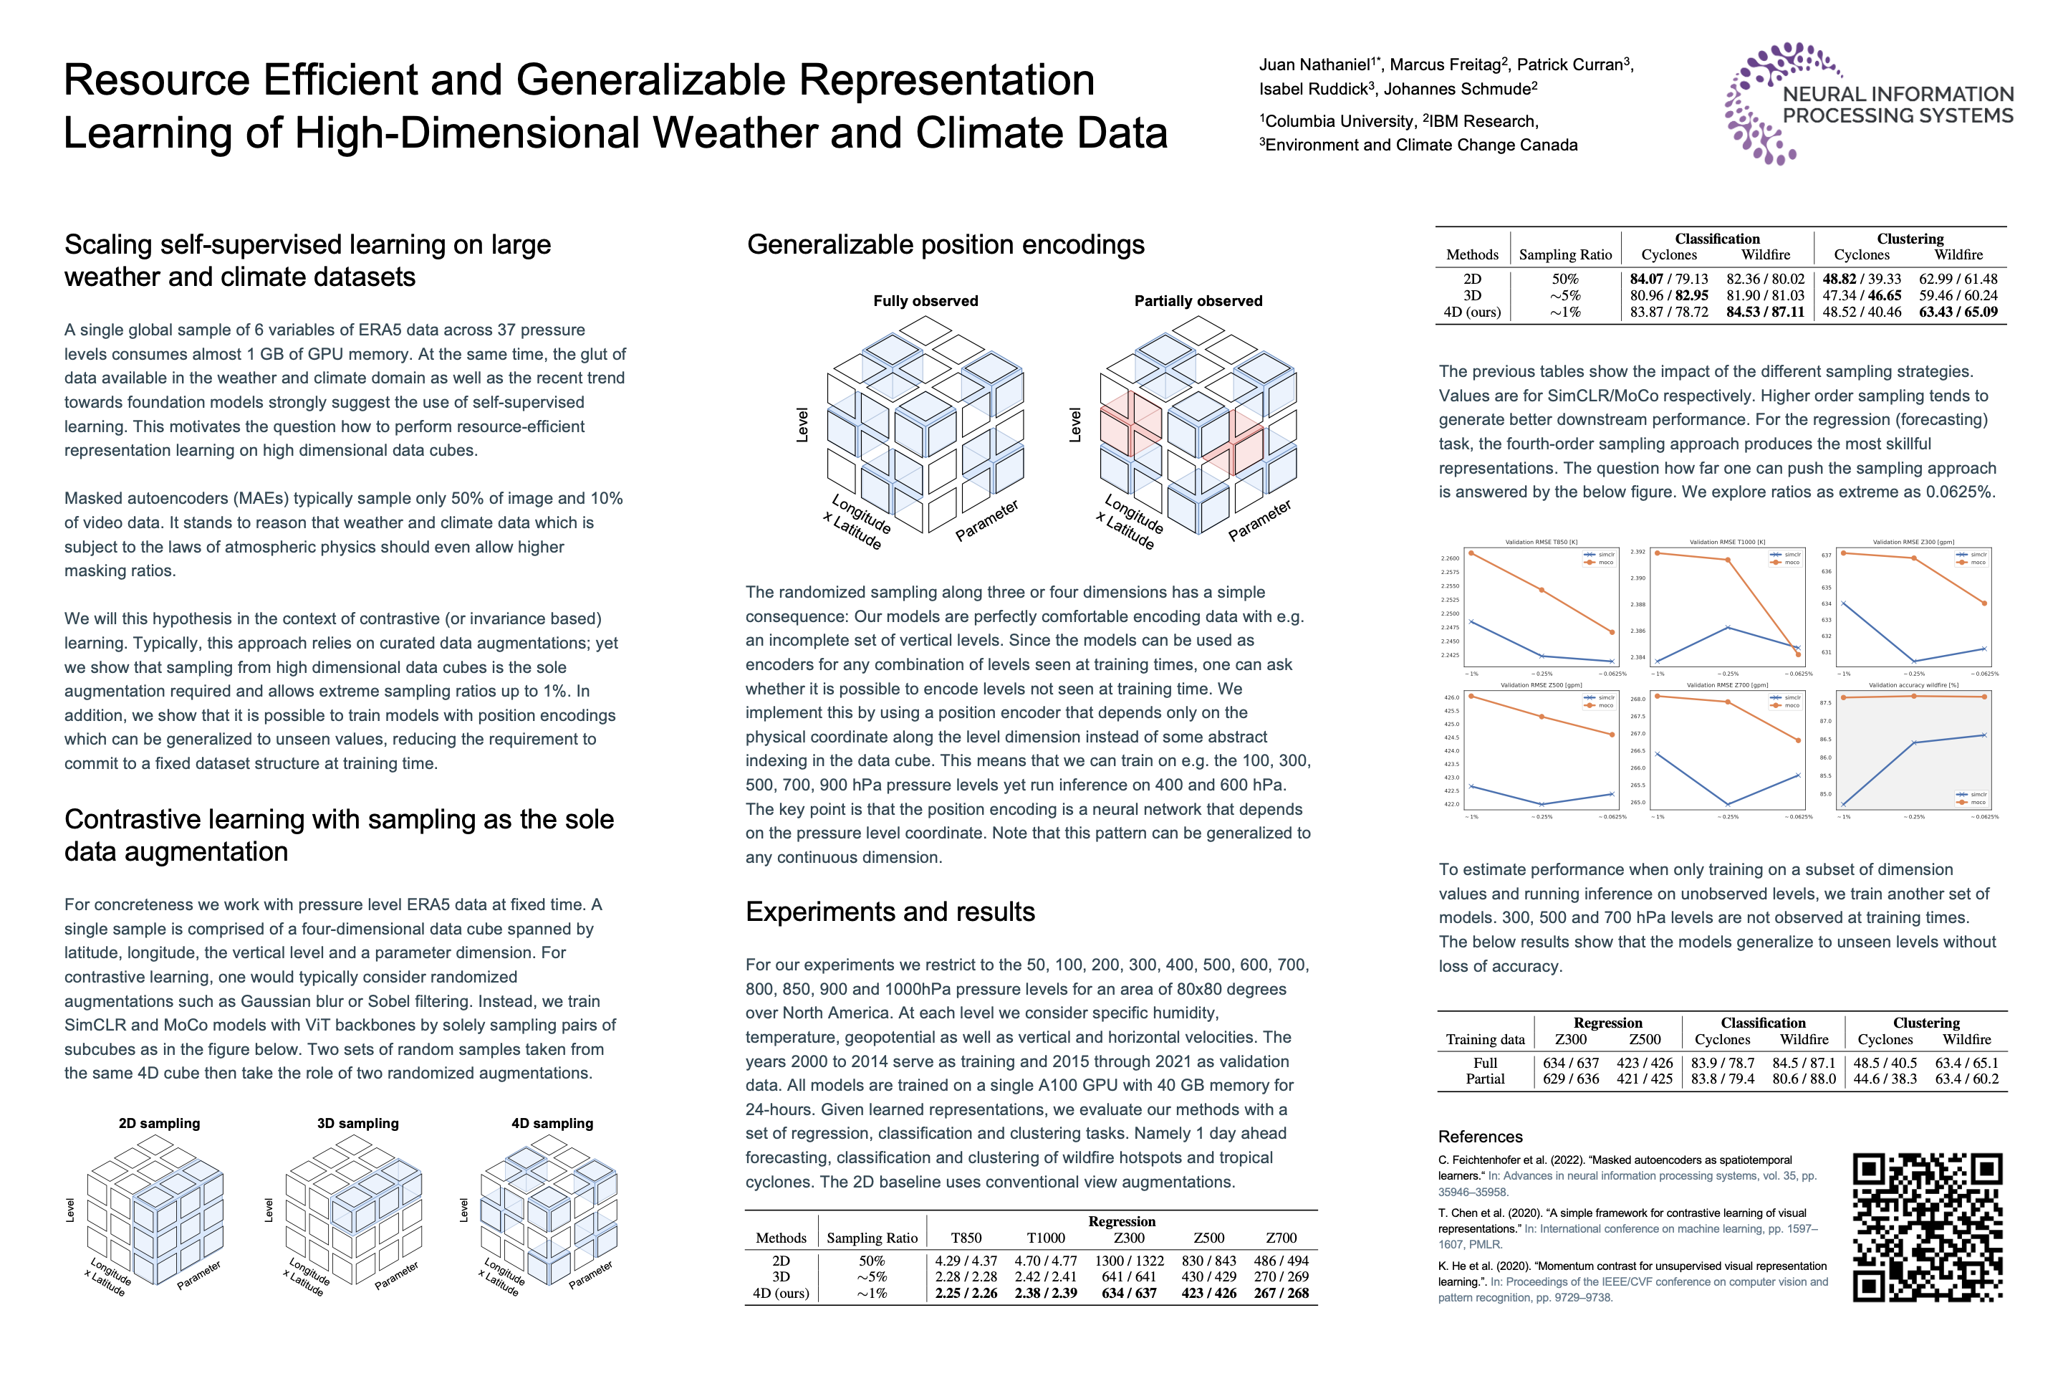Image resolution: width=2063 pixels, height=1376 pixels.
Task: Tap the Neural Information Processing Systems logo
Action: pyautogui.click(x=1869, y=103)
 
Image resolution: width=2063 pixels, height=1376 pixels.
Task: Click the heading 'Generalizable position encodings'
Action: pyautogui.click(x=946, y=245)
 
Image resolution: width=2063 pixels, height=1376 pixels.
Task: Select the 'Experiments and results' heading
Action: pyautogui.click(x=890, y=912)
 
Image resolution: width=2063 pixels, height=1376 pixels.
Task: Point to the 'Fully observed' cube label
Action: pyautogui.click(x=925, y=301)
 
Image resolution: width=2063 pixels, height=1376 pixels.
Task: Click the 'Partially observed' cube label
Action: pyautogui.click(x=1198, y=301)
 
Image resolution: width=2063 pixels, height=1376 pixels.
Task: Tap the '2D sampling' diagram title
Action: pyautogui.click(x=160, y=1123)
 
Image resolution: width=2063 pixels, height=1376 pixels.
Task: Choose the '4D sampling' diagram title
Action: pyautogui.click(x=552, y=1123)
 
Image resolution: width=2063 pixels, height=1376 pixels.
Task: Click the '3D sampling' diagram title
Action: pyautogui.click(x=358, y=1123)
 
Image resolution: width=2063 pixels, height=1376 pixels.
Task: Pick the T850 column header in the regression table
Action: pyautogui.click(x=966, y=1238)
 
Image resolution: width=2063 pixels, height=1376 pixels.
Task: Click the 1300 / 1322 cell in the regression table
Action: pyautogui.click(x=1129, y=1261)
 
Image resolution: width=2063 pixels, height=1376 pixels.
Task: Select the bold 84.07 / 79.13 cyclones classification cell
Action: pyautogui.click(x=1669, y=279)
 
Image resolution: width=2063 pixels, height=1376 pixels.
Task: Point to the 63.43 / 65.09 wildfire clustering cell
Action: pyautogui.click(x=1958, y=312)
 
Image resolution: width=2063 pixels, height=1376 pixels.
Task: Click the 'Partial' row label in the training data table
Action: pyautogui.click(x=1485, y=1079)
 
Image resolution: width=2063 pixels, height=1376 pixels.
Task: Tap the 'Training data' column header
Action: pyautogui.click(x=1485, y=1040)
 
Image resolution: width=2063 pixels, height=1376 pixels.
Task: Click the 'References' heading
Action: pyautogui.click(x=1481, y=1137)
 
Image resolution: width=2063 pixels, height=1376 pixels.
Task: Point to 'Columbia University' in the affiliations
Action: pyautogui.click(x=1340, y=122)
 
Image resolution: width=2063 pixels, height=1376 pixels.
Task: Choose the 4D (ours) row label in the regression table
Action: pyautogui.click(x=781, y=1294)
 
